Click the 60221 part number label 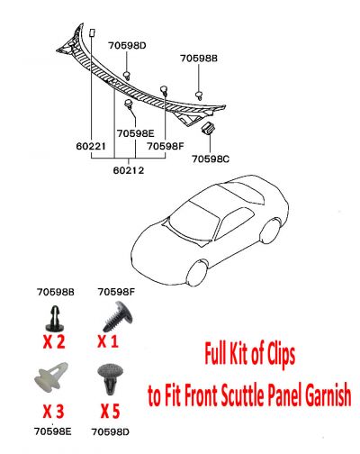pos(94,144)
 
